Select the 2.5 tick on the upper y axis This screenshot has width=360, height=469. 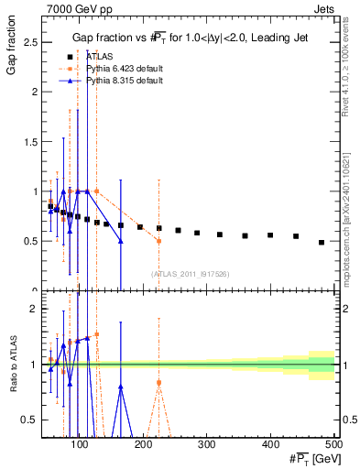(x=31, y=42)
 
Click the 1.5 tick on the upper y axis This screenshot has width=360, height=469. (x=31, y=142)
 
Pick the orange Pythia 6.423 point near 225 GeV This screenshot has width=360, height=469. (x=158, y=241)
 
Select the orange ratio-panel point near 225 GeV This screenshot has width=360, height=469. (x=158, y=382)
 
